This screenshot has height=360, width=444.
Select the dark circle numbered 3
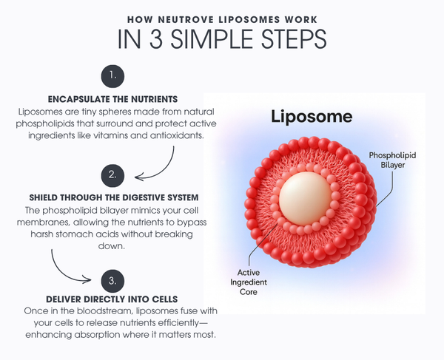coord(112,280)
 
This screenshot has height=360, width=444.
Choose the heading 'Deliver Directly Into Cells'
coord(111,299)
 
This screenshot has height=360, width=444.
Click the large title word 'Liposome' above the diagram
coord(311,116)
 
